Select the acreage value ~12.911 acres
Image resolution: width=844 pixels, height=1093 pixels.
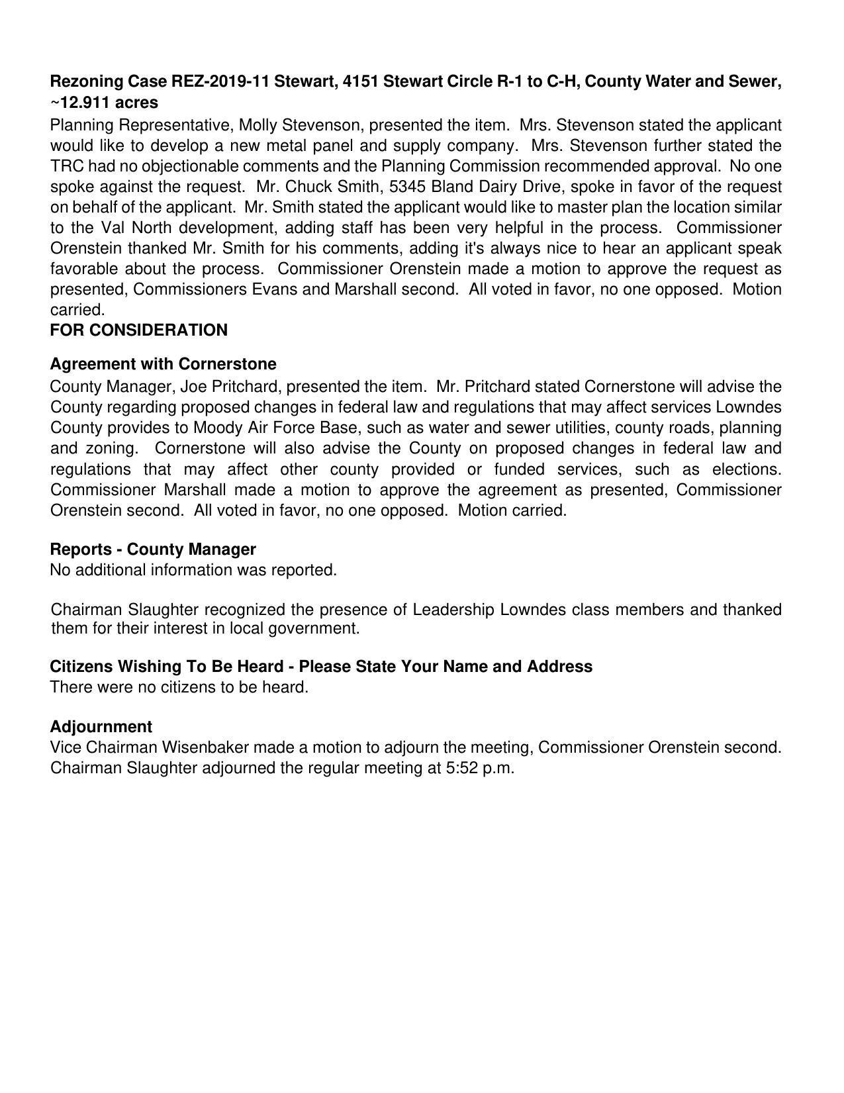(x=104, y=103)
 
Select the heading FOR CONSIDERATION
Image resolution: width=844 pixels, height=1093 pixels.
(x=138, y=330)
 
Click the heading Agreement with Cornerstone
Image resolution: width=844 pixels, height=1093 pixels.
(x=163, y=364)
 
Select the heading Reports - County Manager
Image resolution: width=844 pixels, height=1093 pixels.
(x=153, y=549)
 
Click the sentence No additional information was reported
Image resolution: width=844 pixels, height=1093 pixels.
(x=193, y=570)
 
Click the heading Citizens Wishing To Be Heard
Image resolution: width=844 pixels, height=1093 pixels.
(x=168, y=667)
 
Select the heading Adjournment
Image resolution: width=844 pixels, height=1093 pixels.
(x=101, y=727)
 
